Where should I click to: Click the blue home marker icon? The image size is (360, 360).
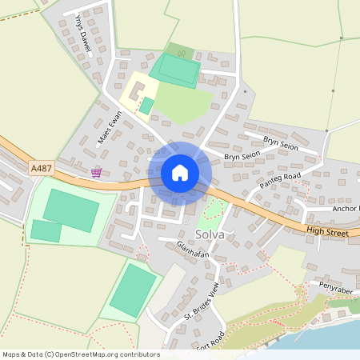180,173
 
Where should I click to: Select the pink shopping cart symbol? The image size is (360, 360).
96,173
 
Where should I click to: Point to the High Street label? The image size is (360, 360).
327,233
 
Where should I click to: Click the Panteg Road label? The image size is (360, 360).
280,181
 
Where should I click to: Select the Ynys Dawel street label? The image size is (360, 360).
82,34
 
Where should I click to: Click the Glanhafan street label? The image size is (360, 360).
192,254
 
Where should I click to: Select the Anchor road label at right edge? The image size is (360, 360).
346,208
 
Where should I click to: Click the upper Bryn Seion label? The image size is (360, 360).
280,146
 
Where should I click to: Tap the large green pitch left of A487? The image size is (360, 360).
71,210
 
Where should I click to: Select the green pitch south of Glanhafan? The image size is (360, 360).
134,289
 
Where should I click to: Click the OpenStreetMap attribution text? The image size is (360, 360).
80,354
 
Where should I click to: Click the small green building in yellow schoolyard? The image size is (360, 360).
146,106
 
